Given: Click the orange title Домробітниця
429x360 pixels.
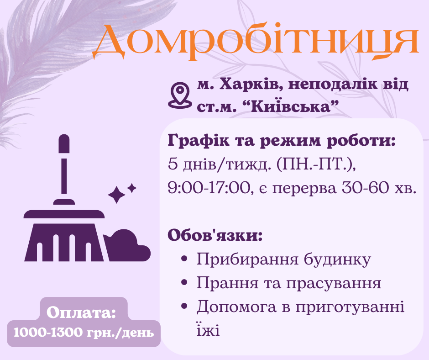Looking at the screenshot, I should coord(256,42).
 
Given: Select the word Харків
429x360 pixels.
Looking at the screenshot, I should coord(243,85).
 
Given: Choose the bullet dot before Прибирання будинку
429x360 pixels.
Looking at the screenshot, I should coord(185,259).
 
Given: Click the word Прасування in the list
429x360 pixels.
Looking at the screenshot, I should coord(334,283).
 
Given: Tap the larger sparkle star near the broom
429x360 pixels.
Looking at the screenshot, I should coord(116,195).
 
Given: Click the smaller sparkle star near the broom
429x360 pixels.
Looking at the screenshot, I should coord(132,187).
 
